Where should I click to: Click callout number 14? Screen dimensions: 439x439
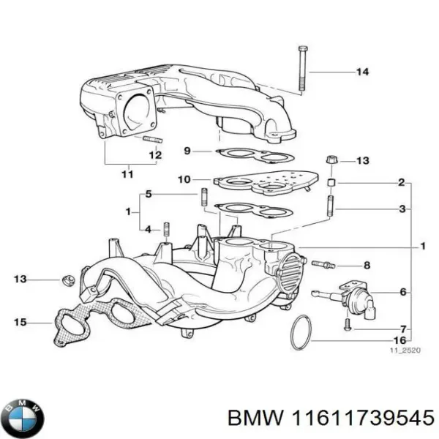[x=362, y=72]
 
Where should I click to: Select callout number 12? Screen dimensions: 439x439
[x=155, y=155]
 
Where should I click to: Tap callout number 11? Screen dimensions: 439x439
[x=127, y=174]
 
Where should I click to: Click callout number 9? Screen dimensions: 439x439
[x=187, y=151]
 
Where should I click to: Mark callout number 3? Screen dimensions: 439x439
[x=401, y=209]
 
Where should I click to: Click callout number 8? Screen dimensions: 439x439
[x=367, y=265]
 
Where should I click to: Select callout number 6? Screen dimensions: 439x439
[x=402, y=293]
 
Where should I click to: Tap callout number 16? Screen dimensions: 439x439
[x=400, y=340]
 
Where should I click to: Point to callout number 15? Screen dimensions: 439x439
[x=20, y=321]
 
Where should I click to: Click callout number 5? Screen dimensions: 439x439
[x=149, y=194]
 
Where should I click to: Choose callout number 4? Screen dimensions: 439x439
[x=149, y=229]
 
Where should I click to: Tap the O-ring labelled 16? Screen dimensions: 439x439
[x=301, y=333]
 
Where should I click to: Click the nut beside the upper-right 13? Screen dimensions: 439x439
[x=330, y=160]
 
